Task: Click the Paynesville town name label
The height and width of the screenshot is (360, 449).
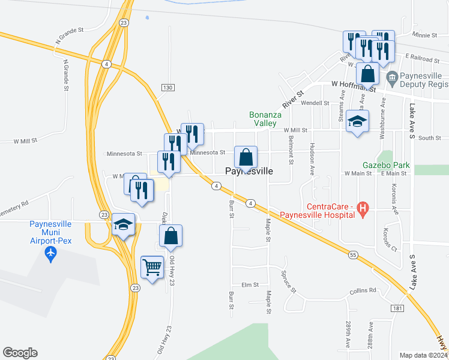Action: (249, 171)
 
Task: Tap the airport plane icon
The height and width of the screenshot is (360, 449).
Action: (50, 255)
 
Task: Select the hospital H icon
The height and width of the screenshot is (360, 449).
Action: (362, 209)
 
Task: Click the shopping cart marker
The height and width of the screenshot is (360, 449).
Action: (152, 267)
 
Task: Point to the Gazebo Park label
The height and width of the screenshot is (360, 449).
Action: (385, 164)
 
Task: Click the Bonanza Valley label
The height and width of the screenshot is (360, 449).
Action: (263, 118)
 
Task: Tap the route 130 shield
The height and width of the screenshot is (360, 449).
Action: (167, 88)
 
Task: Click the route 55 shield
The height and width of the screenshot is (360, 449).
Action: (352, 255)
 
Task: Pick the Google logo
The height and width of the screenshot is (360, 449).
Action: (20, 353)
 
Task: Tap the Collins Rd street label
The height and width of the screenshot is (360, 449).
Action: (364, 290)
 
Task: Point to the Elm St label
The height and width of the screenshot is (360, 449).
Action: (249, 285)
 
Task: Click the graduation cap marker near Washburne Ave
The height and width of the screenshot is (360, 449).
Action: (357, 122)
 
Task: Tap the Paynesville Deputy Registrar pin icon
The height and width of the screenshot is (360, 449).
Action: (393, 77)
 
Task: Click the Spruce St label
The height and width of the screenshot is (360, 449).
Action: (288, 281)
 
